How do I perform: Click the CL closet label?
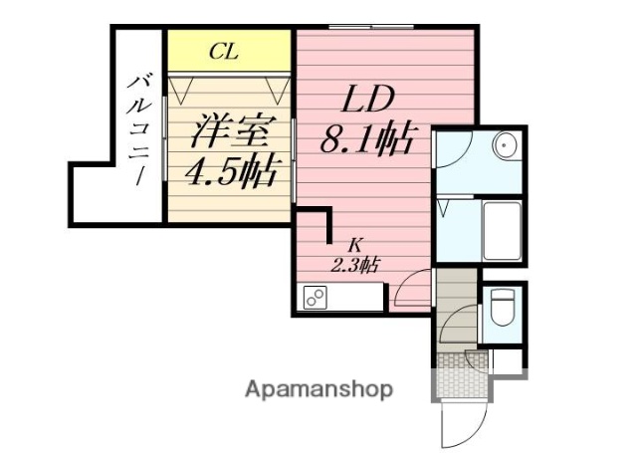[x=223, y=52]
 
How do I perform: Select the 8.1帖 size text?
[x=365, y=141]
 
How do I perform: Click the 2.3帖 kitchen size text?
[x=355, y=265]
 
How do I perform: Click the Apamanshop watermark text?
[x=318, y=388]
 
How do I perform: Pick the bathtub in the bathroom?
[x=502, y=230]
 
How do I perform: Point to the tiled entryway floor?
[x=461, y=376]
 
